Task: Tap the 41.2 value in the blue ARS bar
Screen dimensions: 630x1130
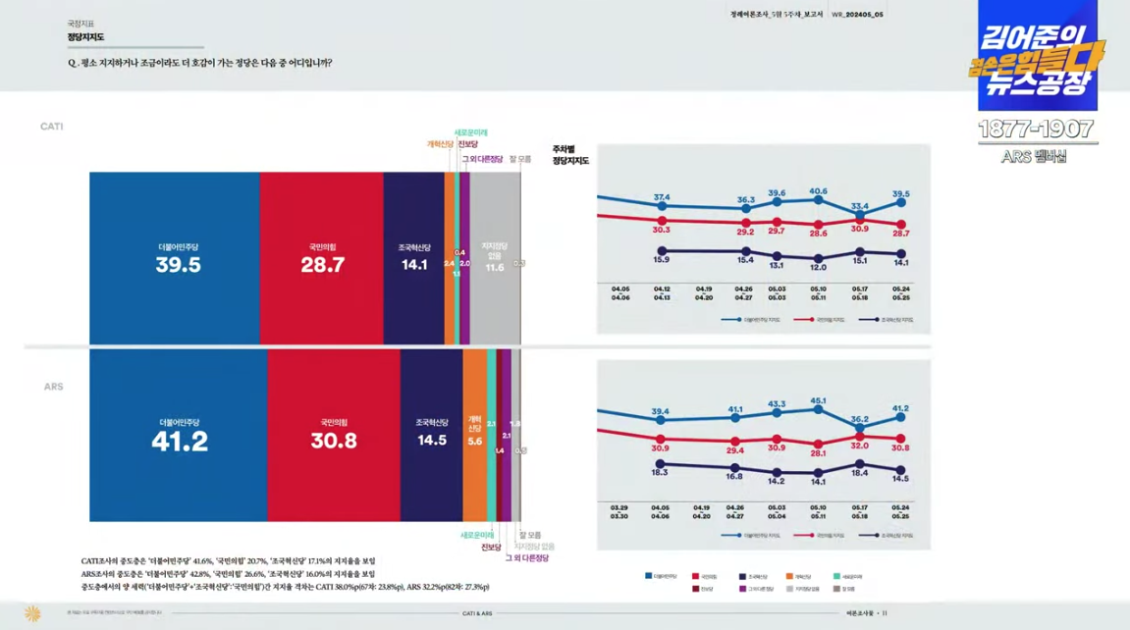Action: pos(180,443)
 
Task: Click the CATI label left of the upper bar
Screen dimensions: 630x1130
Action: pos(52,127)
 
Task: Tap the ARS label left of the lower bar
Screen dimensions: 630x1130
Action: pos(53,387)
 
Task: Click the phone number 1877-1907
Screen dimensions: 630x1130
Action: pos(1035,130)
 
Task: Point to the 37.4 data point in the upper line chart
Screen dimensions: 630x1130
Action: pos(662,208)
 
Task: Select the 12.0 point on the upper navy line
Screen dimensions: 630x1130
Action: pos(818,258)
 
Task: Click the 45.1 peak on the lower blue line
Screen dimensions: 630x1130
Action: pos(818,410)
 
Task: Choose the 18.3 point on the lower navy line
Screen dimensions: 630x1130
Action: pos(660,463)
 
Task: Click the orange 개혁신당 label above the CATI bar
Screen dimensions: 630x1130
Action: pos(440,144)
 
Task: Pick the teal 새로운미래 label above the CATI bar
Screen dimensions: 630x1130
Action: pos(471,132)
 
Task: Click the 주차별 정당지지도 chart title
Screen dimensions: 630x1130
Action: pos(570,155)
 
